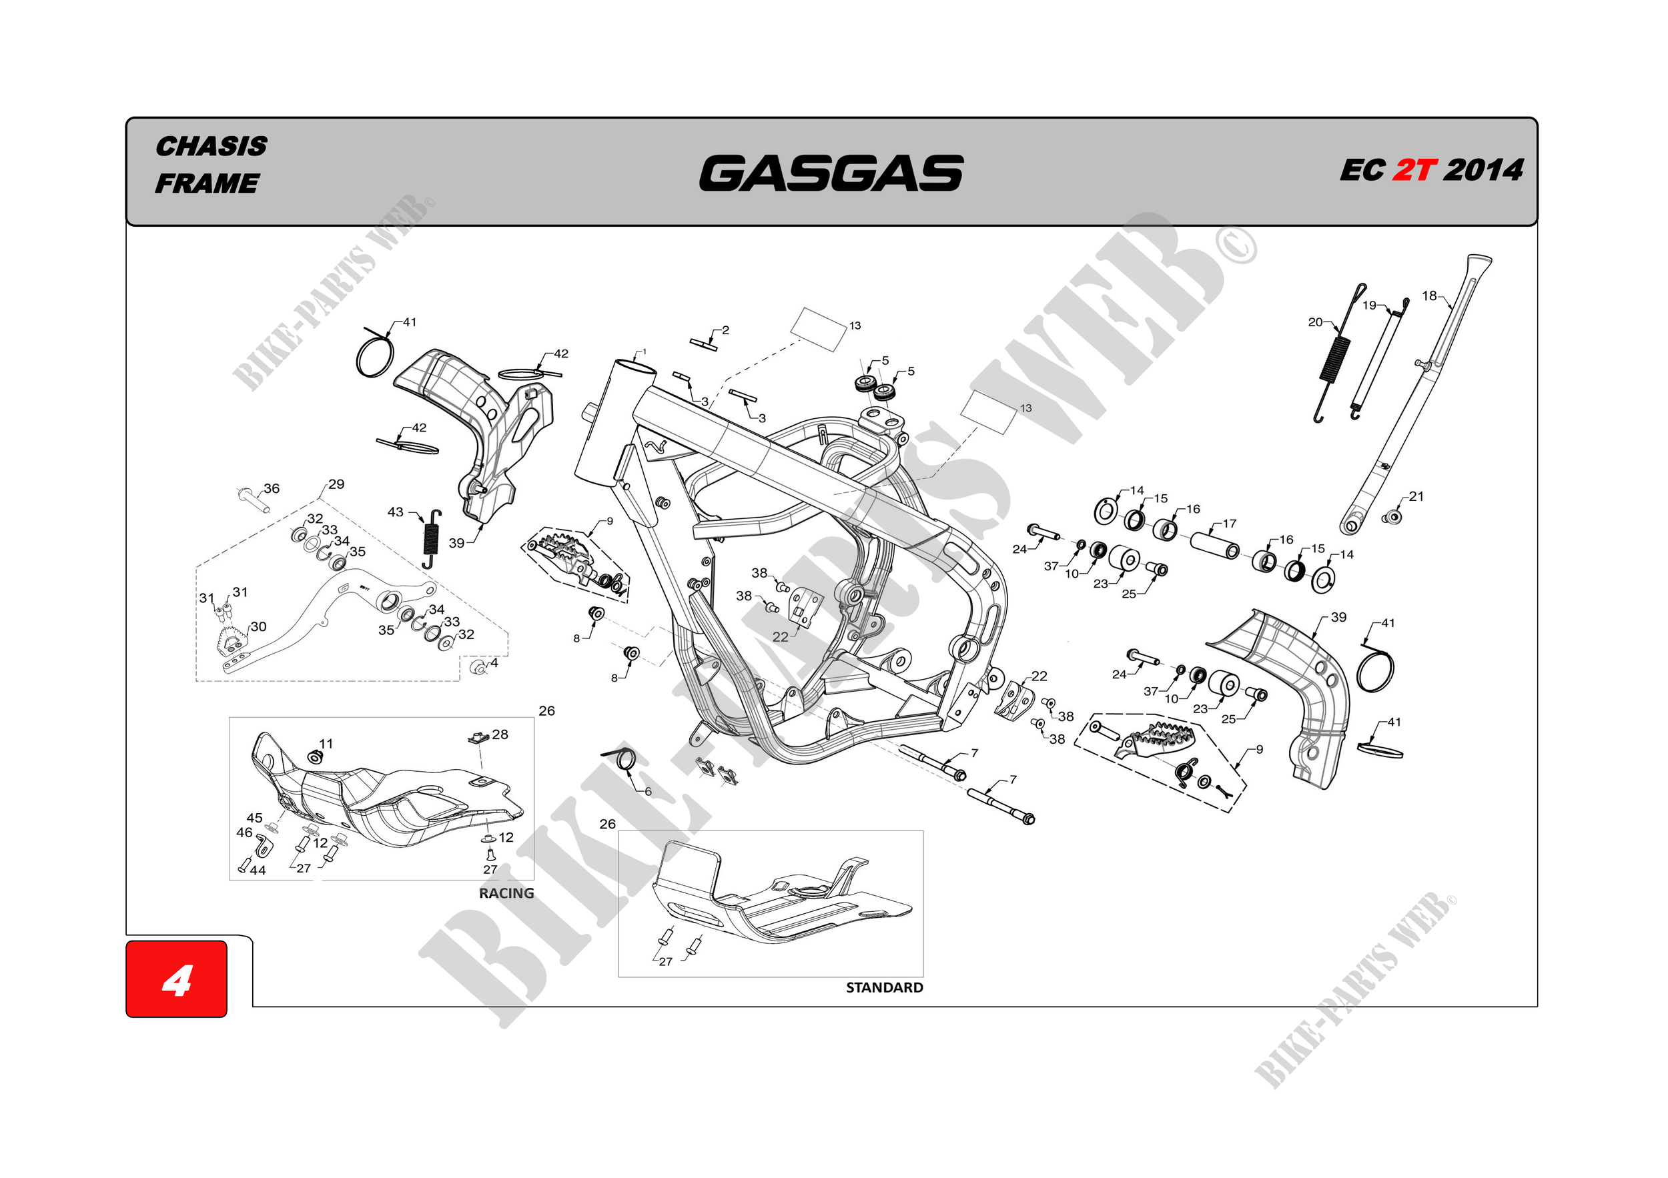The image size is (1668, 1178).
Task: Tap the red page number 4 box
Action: coord(177,979)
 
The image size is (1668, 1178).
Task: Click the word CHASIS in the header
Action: coord(212,146)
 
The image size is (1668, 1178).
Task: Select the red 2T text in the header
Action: coord(1414,171)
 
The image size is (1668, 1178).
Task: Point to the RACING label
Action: coord(506,893)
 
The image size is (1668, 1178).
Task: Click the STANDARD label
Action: coord(884,988)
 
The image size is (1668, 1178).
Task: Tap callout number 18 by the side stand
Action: coord(1429,296)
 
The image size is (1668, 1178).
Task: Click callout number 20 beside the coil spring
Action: coord(1315,322)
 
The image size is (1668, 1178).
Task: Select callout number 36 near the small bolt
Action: coord(272,488)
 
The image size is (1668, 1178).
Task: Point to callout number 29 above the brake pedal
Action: coord(336,484)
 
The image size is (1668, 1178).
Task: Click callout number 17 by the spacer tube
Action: coord(1229,523)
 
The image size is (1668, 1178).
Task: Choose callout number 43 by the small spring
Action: coord(395,512)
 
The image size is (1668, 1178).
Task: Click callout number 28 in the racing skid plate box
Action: coord(500,734)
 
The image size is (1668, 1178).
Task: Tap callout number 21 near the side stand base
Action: coord(1416,496)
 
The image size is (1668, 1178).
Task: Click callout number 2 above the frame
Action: coord(725,330)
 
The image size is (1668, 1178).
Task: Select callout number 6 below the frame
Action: coord(648,792)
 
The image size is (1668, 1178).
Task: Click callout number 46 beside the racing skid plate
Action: coord(244,832)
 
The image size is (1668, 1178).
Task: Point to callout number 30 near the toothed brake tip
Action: coord(258,626)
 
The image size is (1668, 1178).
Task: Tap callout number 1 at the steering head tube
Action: coord(644,352)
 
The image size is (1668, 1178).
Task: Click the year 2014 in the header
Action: coord(1483,171)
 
